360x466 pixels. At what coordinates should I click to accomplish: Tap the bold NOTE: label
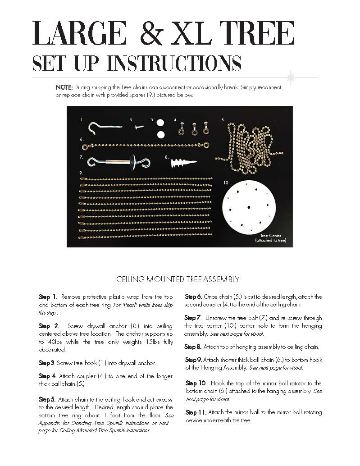[64, 87]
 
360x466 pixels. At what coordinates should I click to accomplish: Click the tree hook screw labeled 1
[105, 127]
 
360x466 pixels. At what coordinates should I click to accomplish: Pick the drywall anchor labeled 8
[184, 163]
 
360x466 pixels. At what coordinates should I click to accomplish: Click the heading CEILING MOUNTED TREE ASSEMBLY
[178, 279]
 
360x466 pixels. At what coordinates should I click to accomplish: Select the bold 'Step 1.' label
[48, 297]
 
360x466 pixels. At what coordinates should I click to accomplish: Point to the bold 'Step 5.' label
[47, 399]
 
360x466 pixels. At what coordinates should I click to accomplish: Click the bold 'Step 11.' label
[196, 412]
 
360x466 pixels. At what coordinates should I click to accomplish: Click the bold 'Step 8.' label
[193, 347]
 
